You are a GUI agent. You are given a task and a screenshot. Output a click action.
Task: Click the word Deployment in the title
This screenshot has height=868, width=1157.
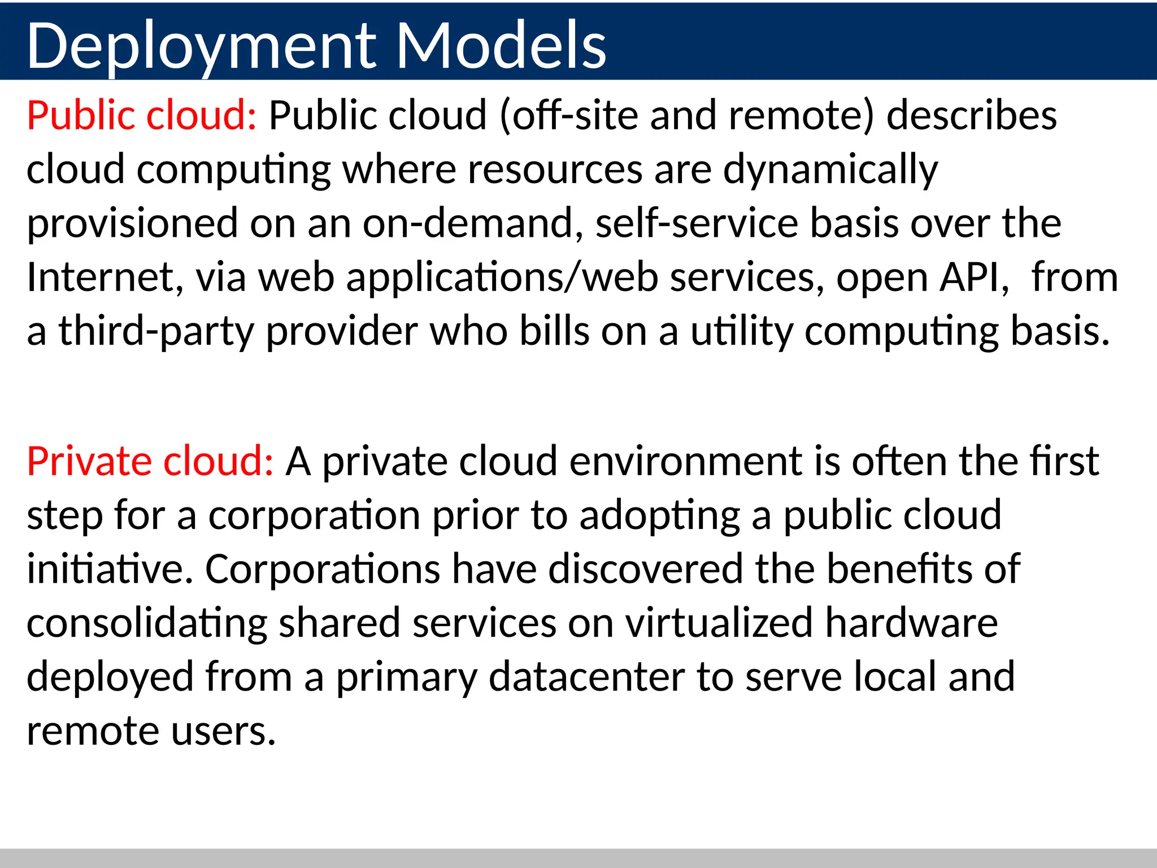click(200, 46)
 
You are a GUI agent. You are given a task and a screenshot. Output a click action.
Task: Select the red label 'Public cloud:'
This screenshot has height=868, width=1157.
click(142, 116)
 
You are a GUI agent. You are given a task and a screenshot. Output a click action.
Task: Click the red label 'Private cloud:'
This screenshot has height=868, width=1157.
click(150, 462)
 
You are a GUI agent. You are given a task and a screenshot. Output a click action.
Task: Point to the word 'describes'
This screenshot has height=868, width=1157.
click(971, 116)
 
